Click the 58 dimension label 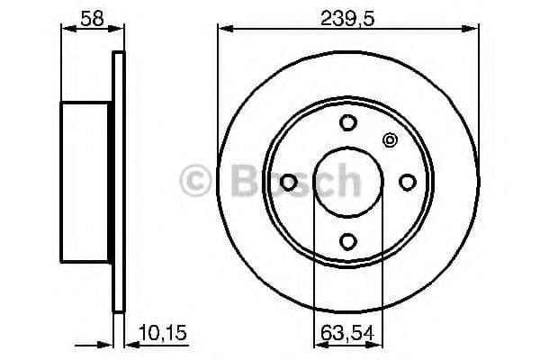[90, 16]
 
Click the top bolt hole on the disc [348, 123]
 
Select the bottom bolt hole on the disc [348, 240]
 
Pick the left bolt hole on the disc [289, 182]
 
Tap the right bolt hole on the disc [407, 182]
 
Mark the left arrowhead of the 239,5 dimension [223, 29]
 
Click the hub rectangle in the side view [86, 181]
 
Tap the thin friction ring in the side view [116, 181]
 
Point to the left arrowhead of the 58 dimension [67, 29]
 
